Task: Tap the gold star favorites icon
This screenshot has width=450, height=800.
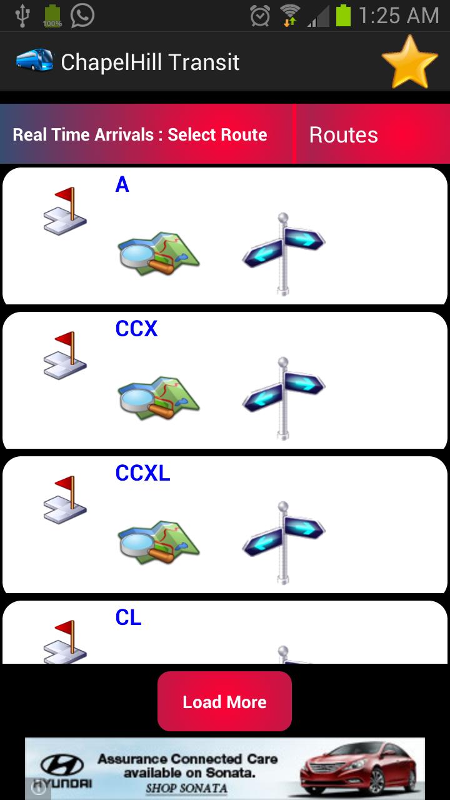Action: pyautogui.click(x=409, y=62)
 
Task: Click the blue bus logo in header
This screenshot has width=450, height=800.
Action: pyautogui.click(x=34, y=61)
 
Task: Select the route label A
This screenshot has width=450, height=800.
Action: pyautogui.click(x=122, y=184)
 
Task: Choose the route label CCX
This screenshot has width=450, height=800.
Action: pyautogui.click(x=136, y=329)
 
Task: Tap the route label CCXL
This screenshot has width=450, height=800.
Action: pyautogui.click(x=142, y=473)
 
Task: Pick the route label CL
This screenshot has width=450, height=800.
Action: pyautogui.click(x=128, y=617)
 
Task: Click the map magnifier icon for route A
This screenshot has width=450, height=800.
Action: pyautogui.click(x=158, y=252)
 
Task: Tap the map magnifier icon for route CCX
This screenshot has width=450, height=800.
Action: pyautogui.click(x=158, y=397)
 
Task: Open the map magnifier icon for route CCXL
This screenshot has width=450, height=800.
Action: pyautogui.click(x=158, y=541)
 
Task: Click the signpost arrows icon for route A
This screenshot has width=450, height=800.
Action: pyautogui.click(x=284, y=252)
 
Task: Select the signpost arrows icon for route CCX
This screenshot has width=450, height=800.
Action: pyautogui.click(x=284, y=397)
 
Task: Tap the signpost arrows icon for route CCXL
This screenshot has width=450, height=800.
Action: pyautogui.click(x=284, y=541)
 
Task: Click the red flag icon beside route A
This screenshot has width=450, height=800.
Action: pyautogui.click(x=65, y=211)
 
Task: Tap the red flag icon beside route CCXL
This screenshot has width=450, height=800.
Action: pyautogui.click(x=65, y=500)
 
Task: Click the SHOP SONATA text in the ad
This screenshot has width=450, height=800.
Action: pyautogui.click(x=186, y=788)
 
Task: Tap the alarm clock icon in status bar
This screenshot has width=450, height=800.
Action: pyautogui.click(x=259, y=16)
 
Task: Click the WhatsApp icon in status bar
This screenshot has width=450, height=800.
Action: pyautogui.click(x=82, y=16)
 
